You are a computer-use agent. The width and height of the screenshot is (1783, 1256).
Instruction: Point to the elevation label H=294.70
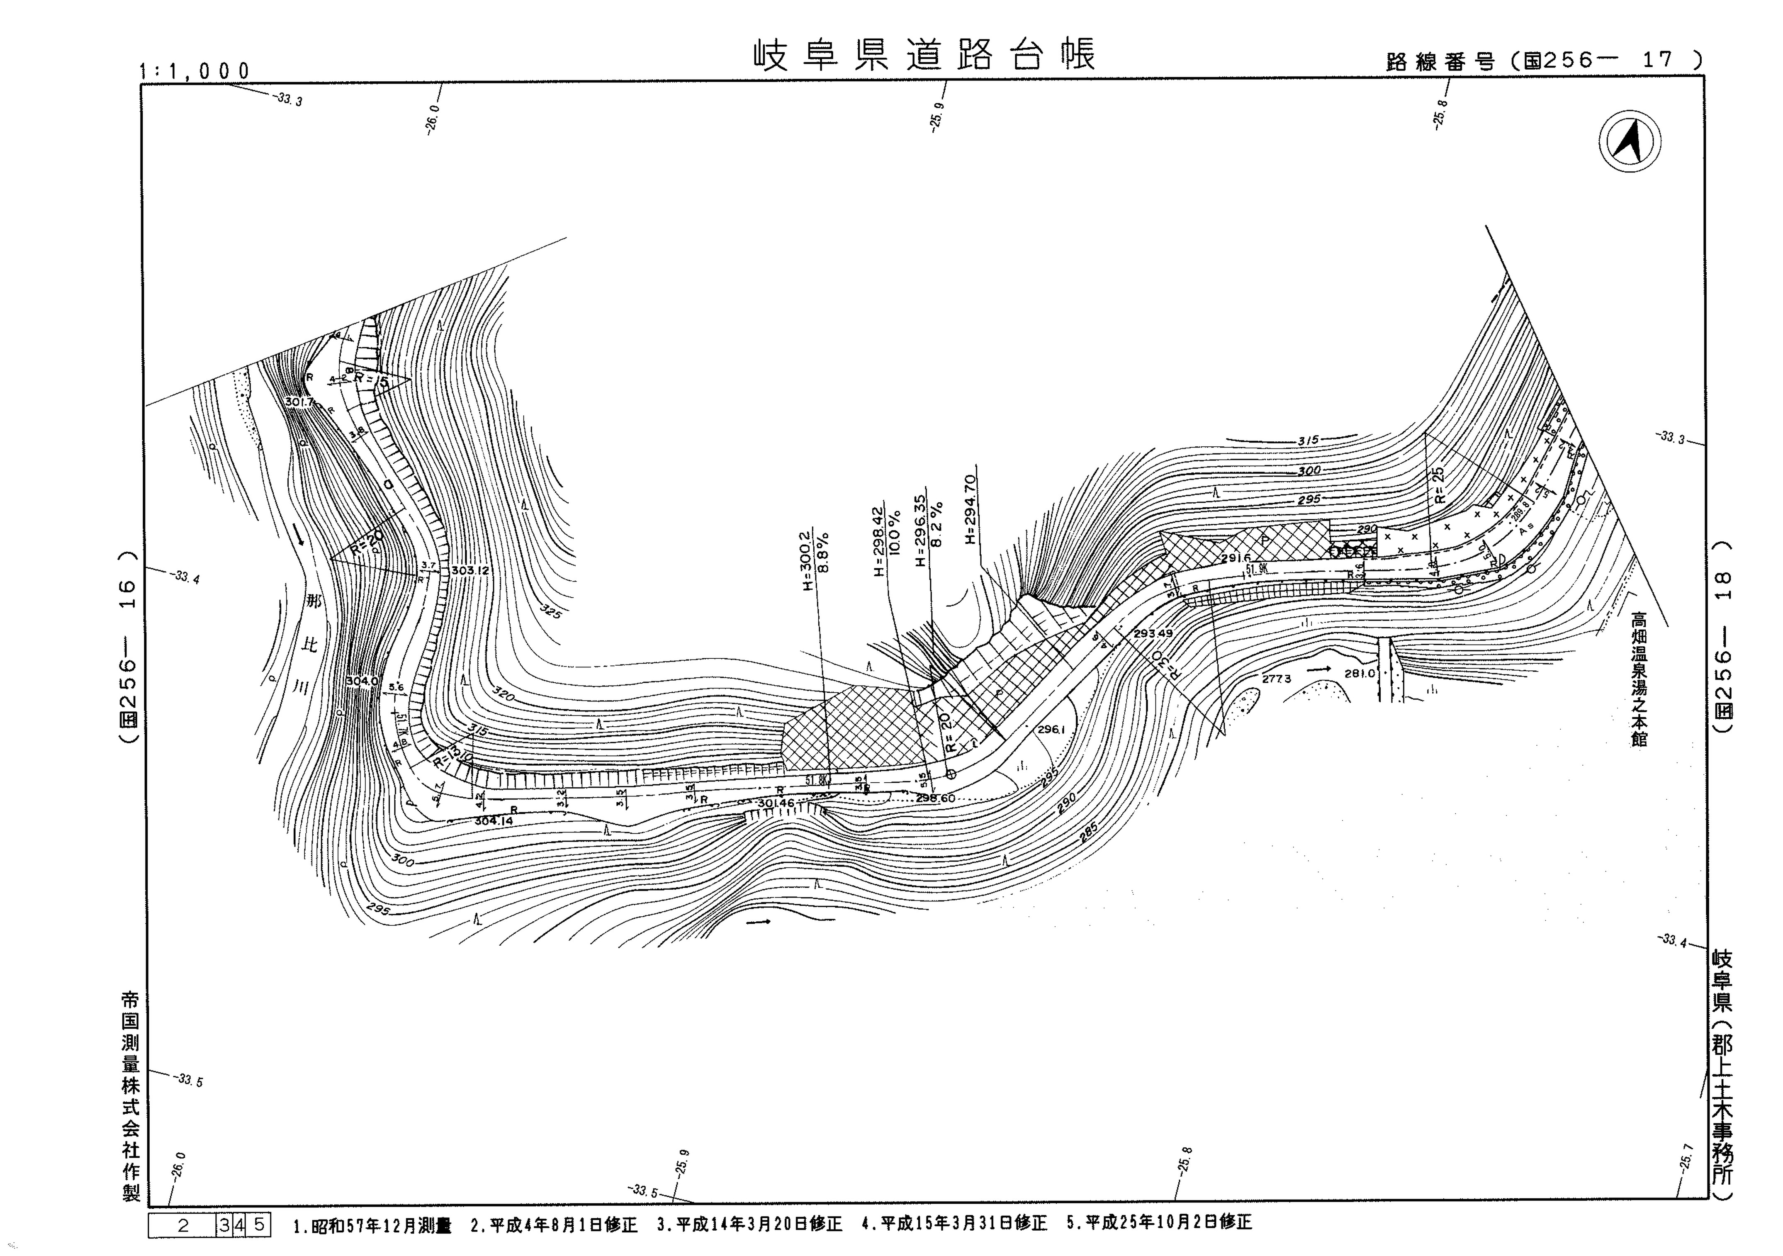[x=969, y=509]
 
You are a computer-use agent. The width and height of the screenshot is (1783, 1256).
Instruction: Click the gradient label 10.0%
[x=895, y=544]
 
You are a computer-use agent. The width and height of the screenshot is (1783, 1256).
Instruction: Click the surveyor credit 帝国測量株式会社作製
[x=131, y=1095]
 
